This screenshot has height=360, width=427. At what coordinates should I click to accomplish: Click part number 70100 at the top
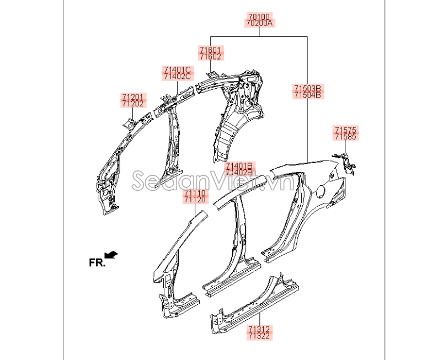point(258,17)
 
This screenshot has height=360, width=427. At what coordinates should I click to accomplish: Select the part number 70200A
point(259,23)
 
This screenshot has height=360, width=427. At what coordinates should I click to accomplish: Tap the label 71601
point(210,50)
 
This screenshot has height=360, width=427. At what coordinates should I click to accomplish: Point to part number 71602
point(210,57)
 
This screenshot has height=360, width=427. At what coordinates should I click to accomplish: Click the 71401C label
point(177,69)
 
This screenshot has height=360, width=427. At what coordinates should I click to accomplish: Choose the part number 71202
point(133,104)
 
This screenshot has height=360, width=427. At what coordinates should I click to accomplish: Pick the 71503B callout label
point(307,88)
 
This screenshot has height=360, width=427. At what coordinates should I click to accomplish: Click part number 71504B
point(307,95)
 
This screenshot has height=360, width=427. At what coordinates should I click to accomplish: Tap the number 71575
point(345,130)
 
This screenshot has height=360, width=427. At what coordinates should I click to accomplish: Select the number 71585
point(345,137)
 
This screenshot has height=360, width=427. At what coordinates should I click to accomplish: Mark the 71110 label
point(195,193)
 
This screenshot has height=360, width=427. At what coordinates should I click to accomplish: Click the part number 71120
point(195,200)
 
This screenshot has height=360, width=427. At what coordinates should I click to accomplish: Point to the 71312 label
point(259,329)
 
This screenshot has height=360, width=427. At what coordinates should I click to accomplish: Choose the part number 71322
point(259,336)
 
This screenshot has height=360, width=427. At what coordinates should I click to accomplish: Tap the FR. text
point(97,262)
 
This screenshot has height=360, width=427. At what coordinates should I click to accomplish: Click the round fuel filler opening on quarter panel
point(321,190)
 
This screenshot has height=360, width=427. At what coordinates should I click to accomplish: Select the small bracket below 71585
point(345,163)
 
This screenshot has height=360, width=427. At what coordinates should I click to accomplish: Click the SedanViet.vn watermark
point(212,180)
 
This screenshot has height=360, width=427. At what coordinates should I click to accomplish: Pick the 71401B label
point(239,166)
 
